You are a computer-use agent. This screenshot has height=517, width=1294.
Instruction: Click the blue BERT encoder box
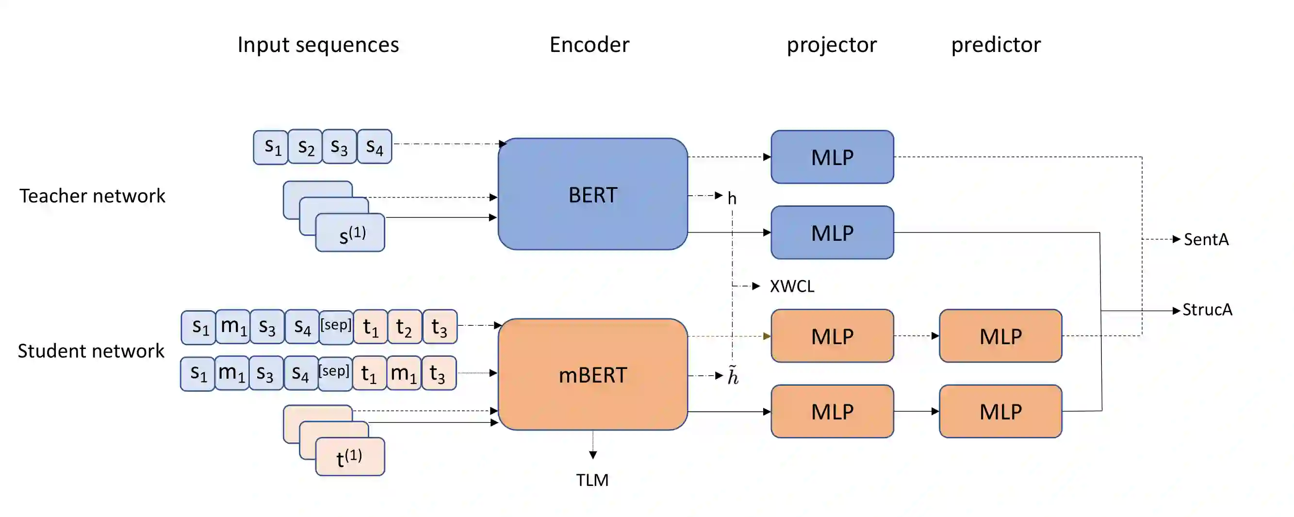pos(592,194)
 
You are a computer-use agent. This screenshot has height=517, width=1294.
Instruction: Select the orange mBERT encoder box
pos(592,374)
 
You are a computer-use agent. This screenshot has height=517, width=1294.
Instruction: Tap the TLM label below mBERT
pos(592,480)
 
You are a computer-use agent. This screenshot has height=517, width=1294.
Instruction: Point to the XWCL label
pos(792,286)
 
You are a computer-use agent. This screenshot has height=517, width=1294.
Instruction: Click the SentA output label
pos(1206,240)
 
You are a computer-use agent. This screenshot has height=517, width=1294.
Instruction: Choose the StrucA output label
pos(1207,310)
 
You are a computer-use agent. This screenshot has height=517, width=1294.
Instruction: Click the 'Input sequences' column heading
pos(318,45)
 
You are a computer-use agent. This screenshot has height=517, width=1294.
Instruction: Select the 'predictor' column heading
pos(996,45)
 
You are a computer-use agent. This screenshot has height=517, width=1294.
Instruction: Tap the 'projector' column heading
pos(831,45)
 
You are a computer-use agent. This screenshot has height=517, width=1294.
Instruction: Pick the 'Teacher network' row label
pos(92,196)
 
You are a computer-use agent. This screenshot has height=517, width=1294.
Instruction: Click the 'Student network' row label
pos(91,350)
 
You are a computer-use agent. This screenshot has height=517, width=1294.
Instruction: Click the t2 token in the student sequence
pos(404,327)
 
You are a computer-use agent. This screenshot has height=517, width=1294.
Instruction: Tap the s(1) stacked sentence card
pos(351,233)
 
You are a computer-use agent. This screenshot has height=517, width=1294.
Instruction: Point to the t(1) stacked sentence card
pos(350,457)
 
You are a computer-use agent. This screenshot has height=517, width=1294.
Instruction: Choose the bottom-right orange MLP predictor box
pos(1000,412)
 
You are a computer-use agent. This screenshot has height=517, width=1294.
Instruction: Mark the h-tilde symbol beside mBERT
pos(734,376)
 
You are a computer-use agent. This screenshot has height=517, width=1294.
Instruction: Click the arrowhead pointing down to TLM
pos(593,455)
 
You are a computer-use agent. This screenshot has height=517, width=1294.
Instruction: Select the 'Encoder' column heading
pos(589,45)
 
